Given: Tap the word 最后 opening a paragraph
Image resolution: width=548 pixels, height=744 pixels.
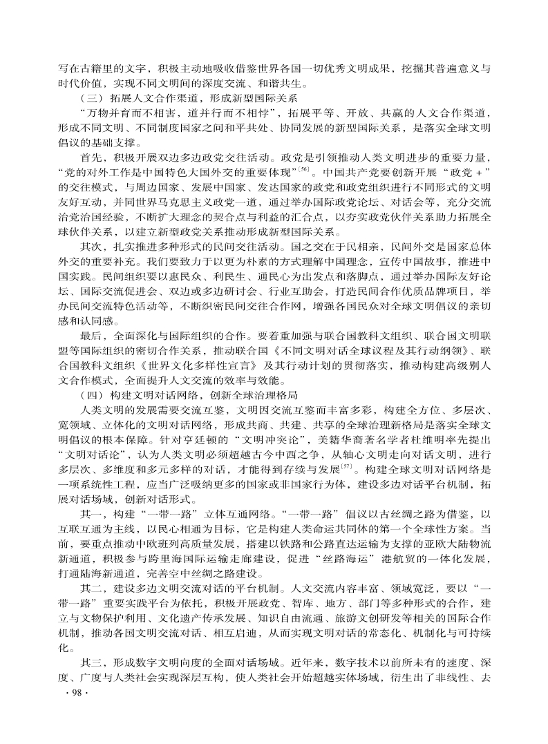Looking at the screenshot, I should (x=91, y=335).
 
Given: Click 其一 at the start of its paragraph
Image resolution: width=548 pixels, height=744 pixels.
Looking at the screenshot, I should (x=91, y=513).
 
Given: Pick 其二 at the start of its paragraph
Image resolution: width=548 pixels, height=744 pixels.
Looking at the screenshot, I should (x=91, y=587).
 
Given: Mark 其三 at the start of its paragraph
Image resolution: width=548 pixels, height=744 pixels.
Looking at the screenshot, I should (x=91, y=661).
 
